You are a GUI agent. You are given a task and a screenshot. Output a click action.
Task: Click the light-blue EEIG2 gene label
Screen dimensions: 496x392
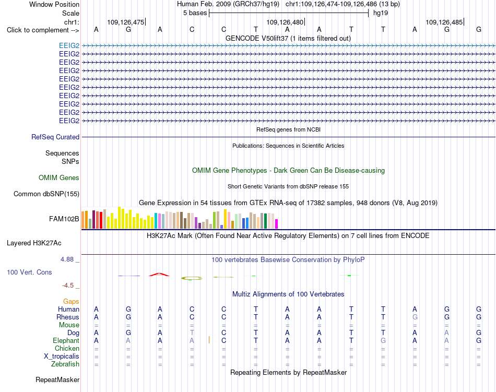click(69, 45)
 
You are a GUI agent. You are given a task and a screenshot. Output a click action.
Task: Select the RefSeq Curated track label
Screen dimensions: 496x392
click(55, 137)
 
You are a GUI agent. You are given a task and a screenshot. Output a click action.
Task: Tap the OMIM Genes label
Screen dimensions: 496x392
click(59, 177)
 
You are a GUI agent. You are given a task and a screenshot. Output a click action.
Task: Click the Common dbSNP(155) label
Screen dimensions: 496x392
click(46, 194)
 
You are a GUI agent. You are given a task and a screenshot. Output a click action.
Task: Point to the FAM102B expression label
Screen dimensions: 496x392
click(64, 219)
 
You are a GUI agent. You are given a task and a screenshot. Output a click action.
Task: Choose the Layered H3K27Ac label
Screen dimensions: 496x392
click(34, 243)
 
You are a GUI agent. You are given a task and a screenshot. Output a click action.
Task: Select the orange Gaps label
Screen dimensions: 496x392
click(71, 301)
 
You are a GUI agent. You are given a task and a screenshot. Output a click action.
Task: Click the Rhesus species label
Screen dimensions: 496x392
click(68, 317)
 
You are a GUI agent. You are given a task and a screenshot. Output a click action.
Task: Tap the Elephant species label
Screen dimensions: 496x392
click(66, 340)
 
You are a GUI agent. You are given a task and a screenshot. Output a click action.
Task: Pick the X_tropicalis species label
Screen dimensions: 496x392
click(62, 357)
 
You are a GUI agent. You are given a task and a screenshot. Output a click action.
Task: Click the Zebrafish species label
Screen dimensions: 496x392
click(65, 364)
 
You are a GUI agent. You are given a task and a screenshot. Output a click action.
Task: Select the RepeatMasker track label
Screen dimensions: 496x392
click(57, 379)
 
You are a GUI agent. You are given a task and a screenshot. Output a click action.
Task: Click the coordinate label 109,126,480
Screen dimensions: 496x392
click(285, 22)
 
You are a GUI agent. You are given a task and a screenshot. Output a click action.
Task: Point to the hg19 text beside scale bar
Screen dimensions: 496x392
click(381, 13)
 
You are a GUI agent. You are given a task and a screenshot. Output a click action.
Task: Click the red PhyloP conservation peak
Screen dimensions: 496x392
click(159, 275)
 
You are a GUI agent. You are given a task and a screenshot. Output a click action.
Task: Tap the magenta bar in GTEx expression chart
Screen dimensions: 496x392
click(277, 224)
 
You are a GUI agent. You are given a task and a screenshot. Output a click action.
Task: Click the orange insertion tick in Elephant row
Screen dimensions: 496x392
click(209, 340)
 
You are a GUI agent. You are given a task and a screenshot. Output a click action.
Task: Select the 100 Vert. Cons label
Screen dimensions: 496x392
click(29, 272)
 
